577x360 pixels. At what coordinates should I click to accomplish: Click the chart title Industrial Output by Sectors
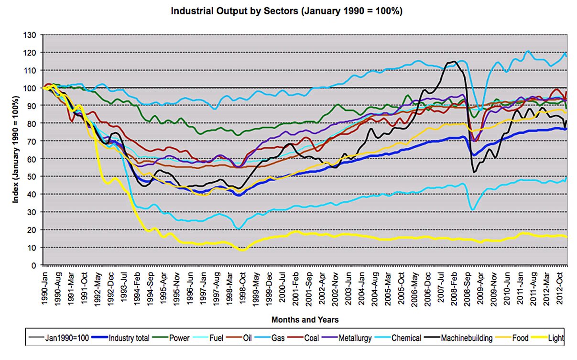point(286,11)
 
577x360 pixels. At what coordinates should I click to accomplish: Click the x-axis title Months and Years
point(305,319)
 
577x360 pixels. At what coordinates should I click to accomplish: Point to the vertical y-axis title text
point(16,150)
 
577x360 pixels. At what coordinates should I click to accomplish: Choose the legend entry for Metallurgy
point(354,338)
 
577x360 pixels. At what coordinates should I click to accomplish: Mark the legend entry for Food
point(520,338)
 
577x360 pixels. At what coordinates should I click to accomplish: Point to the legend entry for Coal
point(311,338)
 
